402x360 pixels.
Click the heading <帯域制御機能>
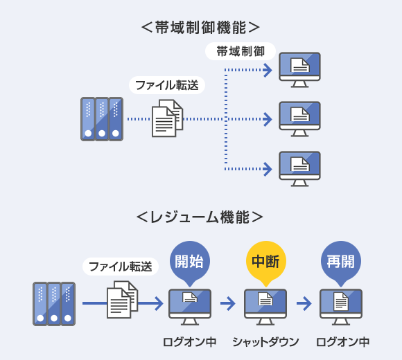pyautogui.click(x=200, y=28)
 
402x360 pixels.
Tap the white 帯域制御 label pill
pyautogui.click(x=241, y=51)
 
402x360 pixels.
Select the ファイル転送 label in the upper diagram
pyautogui.click(x=167, y=85)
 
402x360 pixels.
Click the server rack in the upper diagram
pyautogui.click(x=102, y=119)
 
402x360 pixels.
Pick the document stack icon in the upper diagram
pyautogui.click(x=167, y=118)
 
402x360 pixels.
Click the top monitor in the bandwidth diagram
pyautogui.click(x=299, y=70)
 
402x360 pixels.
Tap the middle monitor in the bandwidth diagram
pyautogui.click(x=299, y=119)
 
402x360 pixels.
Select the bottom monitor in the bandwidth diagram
pyautogui.click(x=299, y=169)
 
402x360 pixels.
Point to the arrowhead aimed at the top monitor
pyautogui.click(x=268, y=70)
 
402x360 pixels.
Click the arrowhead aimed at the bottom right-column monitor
pyautogui.click(x=268, y=169)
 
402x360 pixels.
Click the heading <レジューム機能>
pyautogui.click(x=200, y=217)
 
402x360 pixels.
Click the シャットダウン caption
pyautogui.click(x=265, y=342)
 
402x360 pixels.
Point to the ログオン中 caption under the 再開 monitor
pyautogui.click(x=342, y=342)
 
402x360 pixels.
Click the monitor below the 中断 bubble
pyautogui.click(x=265, y=307)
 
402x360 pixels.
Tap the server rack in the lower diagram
pyautogui.click(x=54, y=304)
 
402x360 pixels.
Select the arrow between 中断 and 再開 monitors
pyautogui.click(x=304, y=303)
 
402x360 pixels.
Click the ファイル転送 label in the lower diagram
pyautogui.click(x=121, y=267)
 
